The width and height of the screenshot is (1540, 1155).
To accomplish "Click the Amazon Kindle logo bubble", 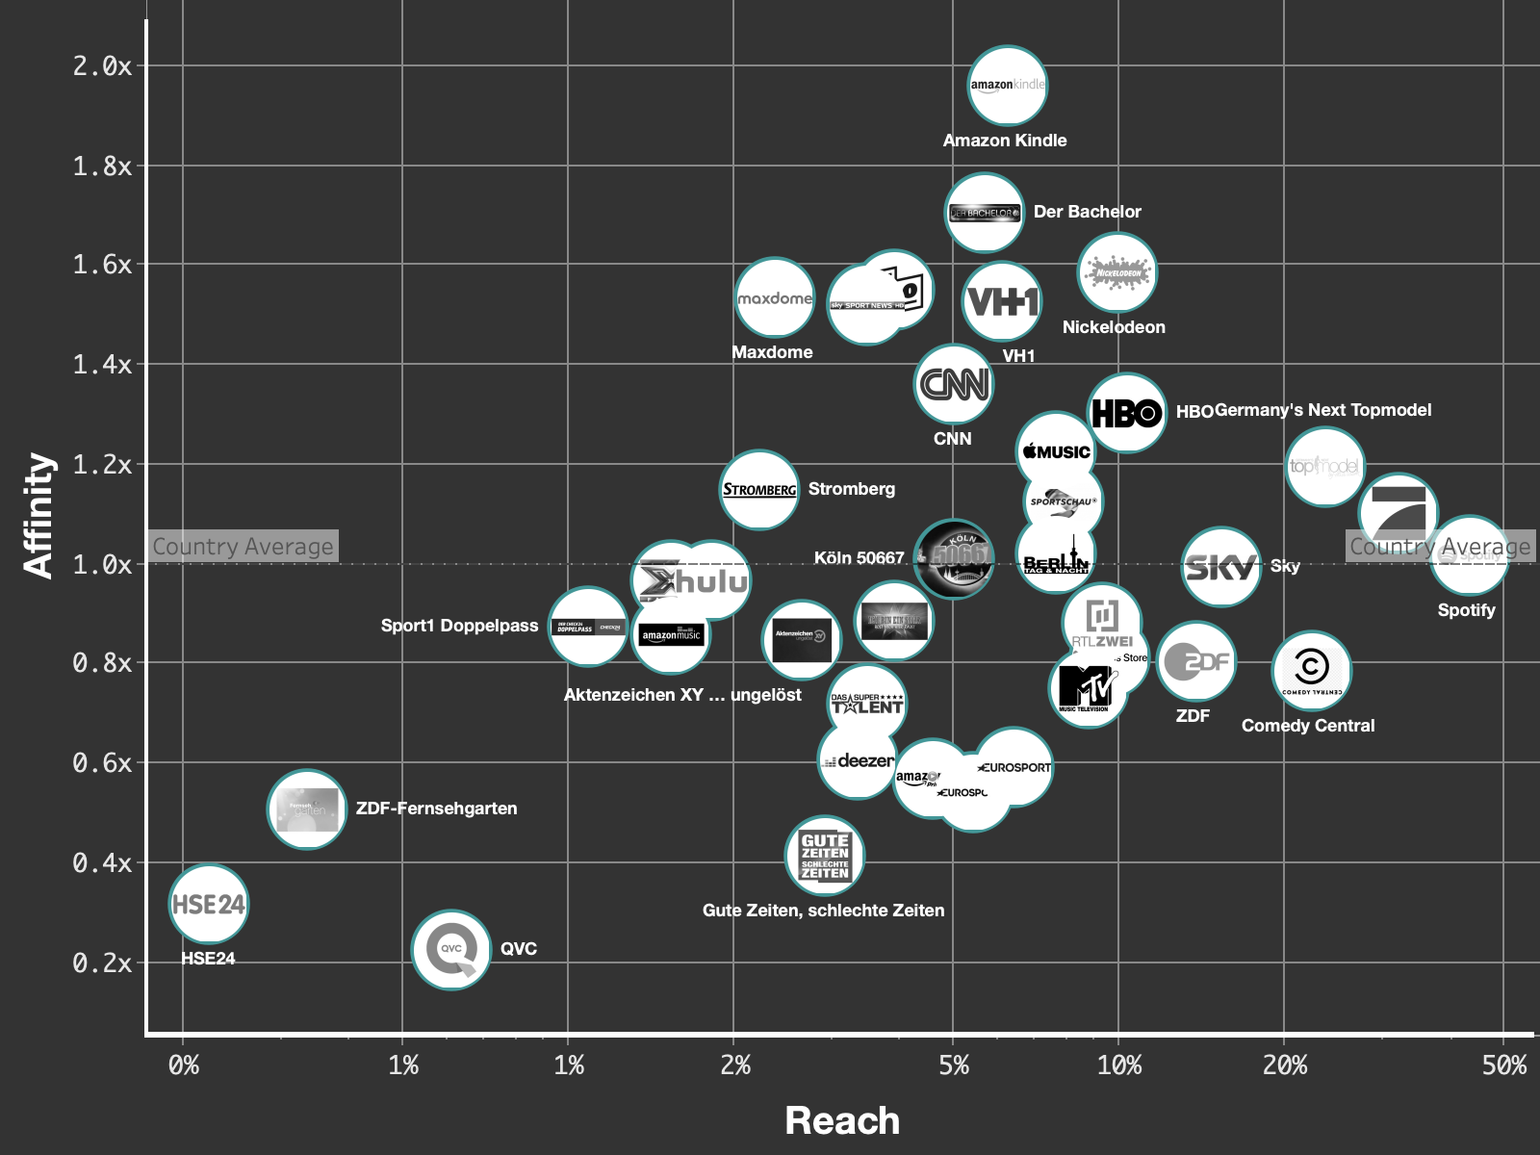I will tap(1007, 86).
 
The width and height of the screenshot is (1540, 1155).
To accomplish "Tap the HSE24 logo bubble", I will tap(209, 905).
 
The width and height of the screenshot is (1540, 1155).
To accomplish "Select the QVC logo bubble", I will tap(451, 950).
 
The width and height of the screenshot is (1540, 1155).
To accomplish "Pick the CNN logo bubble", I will tap(953, 385).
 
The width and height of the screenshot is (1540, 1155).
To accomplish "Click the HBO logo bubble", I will tap(1126, 413).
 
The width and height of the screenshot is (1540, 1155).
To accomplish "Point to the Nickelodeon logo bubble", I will tap(1116, 273).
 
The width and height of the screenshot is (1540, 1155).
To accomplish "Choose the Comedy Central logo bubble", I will tap(1311, 671).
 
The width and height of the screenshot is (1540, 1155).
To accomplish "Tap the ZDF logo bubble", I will tap(1195, 661).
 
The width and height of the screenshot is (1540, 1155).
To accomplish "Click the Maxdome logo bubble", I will tap(775, 298).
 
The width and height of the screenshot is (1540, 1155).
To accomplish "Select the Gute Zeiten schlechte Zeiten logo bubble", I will tap(825, 856).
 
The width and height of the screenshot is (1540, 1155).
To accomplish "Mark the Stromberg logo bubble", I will tap(759, 490).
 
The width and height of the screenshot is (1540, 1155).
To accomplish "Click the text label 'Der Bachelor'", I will tap(1087, 212).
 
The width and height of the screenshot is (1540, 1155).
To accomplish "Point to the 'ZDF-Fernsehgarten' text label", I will tap(436, 808).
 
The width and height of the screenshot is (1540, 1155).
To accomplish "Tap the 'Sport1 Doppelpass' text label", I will tap(459, 626).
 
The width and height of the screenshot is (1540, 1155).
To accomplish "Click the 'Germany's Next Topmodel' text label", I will tap(1322, 410).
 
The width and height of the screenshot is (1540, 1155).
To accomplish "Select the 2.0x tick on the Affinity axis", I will tap(102, 66).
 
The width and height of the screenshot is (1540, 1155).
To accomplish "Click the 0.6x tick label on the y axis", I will tap(102, 763).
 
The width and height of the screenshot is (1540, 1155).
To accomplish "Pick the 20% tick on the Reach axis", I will tap(1285, 1065).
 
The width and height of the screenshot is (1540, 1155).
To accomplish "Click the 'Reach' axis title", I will tap(842, 1120).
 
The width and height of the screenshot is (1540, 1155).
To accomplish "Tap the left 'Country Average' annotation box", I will tap(243, 547).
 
